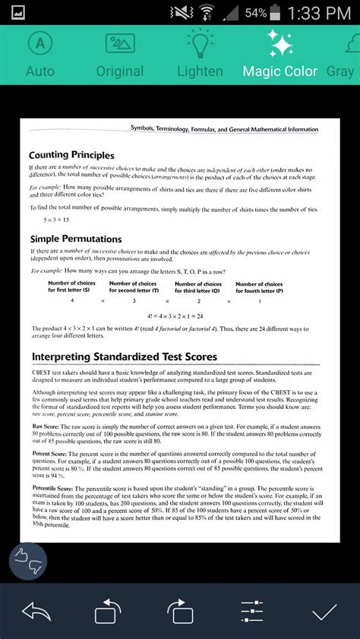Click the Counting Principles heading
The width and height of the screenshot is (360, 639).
(71, 155)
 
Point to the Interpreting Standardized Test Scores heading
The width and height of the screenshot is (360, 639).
(125, 357)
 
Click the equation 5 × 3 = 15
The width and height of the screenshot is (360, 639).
(56, 219)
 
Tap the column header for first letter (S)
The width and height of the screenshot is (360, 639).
(72, 287)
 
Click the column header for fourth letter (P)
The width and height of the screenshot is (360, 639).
(259, 287)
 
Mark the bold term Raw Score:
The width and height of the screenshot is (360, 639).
(46, 427)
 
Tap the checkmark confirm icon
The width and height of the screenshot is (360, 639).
(324, 612)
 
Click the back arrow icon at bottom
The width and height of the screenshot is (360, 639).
(36, 612)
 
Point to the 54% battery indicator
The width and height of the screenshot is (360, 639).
(277, 12)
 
